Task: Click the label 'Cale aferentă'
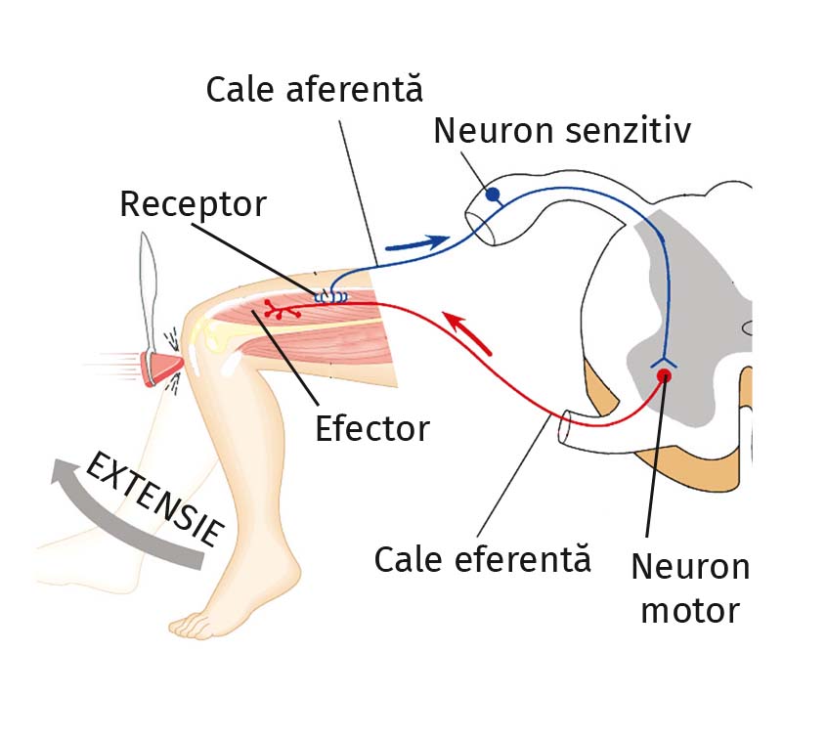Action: tap(315, 90)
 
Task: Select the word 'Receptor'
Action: tap(193, 204)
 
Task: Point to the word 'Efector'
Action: tap(371, 428)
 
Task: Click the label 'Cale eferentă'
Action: tap(483, 560)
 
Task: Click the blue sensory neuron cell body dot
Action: tap(494, 194)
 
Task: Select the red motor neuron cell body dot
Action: tap(664, 374)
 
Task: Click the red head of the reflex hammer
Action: tap(158, 368)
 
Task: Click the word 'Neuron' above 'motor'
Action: tap(690, 566)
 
